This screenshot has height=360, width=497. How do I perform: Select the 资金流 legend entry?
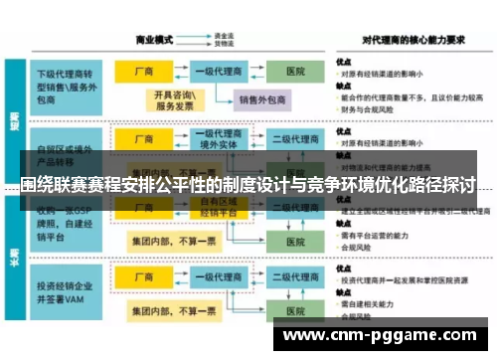tap(225, 36)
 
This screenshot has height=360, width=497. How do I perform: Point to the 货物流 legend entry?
tap(225, 45)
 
